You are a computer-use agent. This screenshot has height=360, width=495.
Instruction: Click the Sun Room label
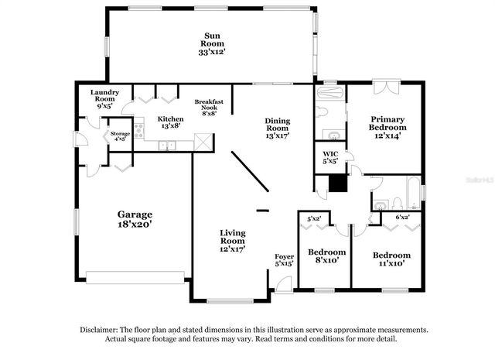(x=211, y=43)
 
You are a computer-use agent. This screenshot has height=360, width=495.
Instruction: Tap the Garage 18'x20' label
(x=135, y=219)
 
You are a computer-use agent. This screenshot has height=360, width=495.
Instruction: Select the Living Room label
(x=232, y=241)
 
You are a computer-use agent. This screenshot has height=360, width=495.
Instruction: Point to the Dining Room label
(x=277, y=127)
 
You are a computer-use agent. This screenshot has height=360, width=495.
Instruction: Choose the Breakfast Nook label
(x=209, y=107)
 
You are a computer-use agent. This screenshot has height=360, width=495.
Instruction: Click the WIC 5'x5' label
(x=329, y=158)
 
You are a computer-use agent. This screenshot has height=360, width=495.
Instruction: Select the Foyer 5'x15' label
(x=285, y=260)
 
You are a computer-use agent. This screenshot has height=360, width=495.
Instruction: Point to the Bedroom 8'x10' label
(x=326, y=257)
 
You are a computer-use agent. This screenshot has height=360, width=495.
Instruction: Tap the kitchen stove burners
(x=139, y=131)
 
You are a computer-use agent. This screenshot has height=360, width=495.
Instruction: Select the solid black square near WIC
(x=337, y=183)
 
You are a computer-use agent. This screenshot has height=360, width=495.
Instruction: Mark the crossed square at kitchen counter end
(x=203, y=142)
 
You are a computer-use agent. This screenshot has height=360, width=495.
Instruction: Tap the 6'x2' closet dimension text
(x=401, y=218)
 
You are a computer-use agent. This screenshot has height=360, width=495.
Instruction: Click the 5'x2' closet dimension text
(x=314, y=218)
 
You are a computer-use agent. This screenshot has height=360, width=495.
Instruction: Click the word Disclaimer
(x=101, y=329)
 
